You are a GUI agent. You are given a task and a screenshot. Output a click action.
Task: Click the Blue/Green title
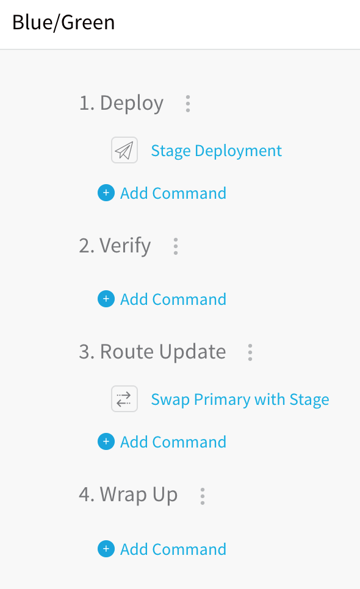63,23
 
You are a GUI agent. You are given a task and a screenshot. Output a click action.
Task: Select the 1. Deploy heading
121,103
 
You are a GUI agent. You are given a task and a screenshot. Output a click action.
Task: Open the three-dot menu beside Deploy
188,104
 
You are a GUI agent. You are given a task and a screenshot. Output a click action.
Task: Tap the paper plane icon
124,150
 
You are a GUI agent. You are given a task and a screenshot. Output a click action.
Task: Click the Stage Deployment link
217,151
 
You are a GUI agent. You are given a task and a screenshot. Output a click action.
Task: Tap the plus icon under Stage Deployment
106,193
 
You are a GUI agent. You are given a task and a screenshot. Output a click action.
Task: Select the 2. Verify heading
115,246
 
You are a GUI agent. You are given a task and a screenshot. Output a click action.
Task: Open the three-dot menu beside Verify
176,246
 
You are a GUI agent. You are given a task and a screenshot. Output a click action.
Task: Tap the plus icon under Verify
106,299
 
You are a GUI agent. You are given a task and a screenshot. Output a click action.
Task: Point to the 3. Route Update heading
153,352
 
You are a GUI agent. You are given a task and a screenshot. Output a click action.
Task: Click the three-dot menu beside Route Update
250,352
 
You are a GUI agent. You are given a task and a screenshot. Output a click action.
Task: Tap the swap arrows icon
124,399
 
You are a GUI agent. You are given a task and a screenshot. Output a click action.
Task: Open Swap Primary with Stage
240,400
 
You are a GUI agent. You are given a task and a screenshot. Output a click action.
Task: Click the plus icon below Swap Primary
106,441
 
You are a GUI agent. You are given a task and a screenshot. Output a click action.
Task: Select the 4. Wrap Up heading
128,495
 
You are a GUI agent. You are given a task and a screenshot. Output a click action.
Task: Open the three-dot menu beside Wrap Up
203,496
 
